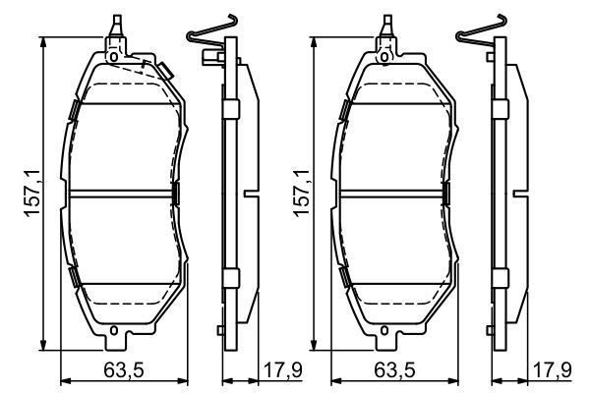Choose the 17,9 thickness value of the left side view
point(278,370)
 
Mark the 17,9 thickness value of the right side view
point(552,370)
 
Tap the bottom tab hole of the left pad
point(116,330)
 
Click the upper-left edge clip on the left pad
point(75,111)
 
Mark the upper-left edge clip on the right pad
point(344,111)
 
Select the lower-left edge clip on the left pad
point(75,280)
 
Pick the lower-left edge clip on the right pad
point(344,280)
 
